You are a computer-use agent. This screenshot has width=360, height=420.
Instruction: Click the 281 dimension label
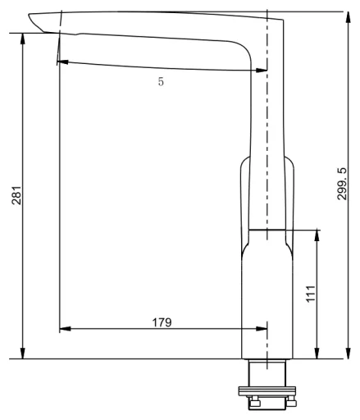tap(16, 195)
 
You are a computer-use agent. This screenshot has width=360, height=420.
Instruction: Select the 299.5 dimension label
tap(342, 184)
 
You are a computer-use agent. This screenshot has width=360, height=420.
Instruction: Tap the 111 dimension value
tap(311, 294)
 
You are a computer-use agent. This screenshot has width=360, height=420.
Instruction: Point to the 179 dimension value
tap(162, 322)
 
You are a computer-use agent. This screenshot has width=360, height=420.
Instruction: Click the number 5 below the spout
tap(161, 81)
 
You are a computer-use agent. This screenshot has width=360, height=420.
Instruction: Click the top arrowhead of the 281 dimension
tap(23, 39)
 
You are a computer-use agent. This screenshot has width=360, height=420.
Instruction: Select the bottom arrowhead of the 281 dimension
tap(23, 353)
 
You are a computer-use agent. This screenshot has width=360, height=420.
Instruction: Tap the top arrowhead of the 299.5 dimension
tap(348, 17)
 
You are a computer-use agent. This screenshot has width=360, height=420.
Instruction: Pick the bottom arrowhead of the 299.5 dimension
tap(348, 353)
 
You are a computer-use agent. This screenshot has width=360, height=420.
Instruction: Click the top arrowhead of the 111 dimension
tap(317, 235)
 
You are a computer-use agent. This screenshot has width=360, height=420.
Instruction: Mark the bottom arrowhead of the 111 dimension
tap(317, 353)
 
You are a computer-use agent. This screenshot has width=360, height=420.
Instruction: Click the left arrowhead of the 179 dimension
tap(65, 328)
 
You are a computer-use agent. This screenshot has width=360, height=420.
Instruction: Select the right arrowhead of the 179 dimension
tap(261, 328)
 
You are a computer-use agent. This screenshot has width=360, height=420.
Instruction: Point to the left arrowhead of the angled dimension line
tap(62, 62)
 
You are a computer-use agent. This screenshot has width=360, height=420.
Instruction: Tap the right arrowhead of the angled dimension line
tap(261, 71)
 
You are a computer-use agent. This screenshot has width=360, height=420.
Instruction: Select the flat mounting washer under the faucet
tap(267, 391)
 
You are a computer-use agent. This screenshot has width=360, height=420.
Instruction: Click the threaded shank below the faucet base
tap(267, 373)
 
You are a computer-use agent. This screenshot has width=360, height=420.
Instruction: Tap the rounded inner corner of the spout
tap(244, 48)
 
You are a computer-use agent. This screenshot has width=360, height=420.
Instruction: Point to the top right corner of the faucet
tap(283, 20)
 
